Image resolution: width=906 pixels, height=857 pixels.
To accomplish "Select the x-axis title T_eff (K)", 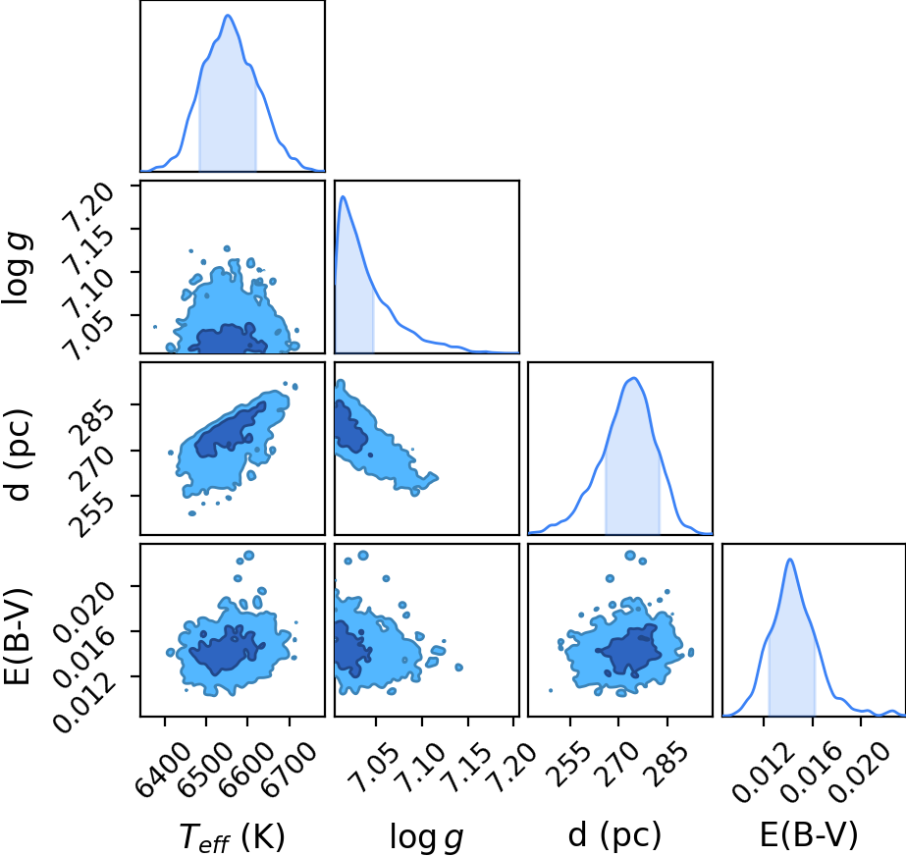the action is coord(232,836).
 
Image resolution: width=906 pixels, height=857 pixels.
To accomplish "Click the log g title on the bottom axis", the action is coord(426,836).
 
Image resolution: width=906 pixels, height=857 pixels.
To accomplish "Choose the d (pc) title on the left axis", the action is coord(18,455).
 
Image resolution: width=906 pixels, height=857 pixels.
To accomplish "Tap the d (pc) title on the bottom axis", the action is coord(614,835).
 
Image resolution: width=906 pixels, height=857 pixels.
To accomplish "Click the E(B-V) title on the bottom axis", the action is coord(809,835).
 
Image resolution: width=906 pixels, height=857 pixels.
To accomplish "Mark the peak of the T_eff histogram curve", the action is coord(228,15).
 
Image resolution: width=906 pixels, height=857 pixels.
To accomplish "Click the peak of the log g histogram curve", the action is coord(344,196).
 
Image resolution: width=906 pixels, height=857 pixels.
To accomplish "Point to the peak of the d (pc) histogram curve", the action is coord(634,378).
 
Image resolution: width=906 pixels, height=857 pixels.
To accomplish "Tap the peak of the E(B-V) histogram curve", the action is coord(790,559).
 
